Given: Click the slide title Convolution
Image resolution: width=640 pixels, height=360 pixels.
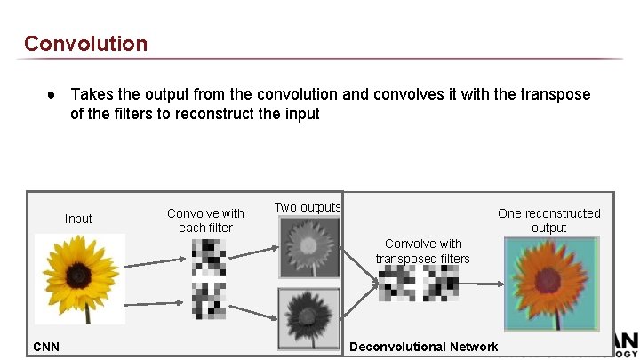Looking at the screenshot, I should click(85, 43).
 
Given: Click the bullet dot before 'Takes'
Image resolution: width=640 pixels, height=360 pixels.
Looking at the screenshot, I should click(54, 94).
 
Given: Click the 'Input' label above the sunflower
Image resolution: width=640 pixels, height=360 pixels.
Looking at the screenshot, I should click(78, 219).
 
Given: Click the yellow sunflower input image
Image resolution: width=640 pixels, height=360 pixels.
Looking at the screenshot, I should click(79, 277).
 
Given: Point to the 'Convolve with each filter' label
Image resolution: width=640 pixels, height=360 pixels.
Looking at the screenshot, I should click(205, 220).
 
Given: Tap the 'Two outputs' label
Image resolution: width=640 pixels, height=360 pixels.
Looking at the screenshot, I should click(307, 207).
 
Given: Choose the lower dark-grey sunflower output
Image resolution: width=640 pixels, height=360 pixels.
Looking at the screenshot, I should click(309, 316).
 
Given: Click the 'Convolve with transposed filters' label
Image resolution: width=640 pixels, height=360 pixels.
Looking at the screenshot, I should click(423, 251).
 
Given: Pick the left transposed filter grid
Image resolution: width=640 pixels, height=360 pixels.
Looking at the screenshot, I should click(397, 284).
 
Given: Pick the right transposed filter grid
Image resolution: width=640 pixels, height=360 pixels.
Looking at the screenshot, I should click(442, 284).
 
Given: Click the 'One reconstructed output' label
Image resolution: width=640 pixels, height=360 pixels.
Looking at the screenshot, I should click(548, 220).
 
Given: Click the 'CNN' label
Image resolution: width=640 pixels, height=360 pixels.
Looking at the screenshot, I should click(46, 346).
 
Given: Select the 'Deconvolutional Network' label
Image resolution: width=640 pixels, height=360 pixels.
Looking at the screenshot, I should click(426, 346).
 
